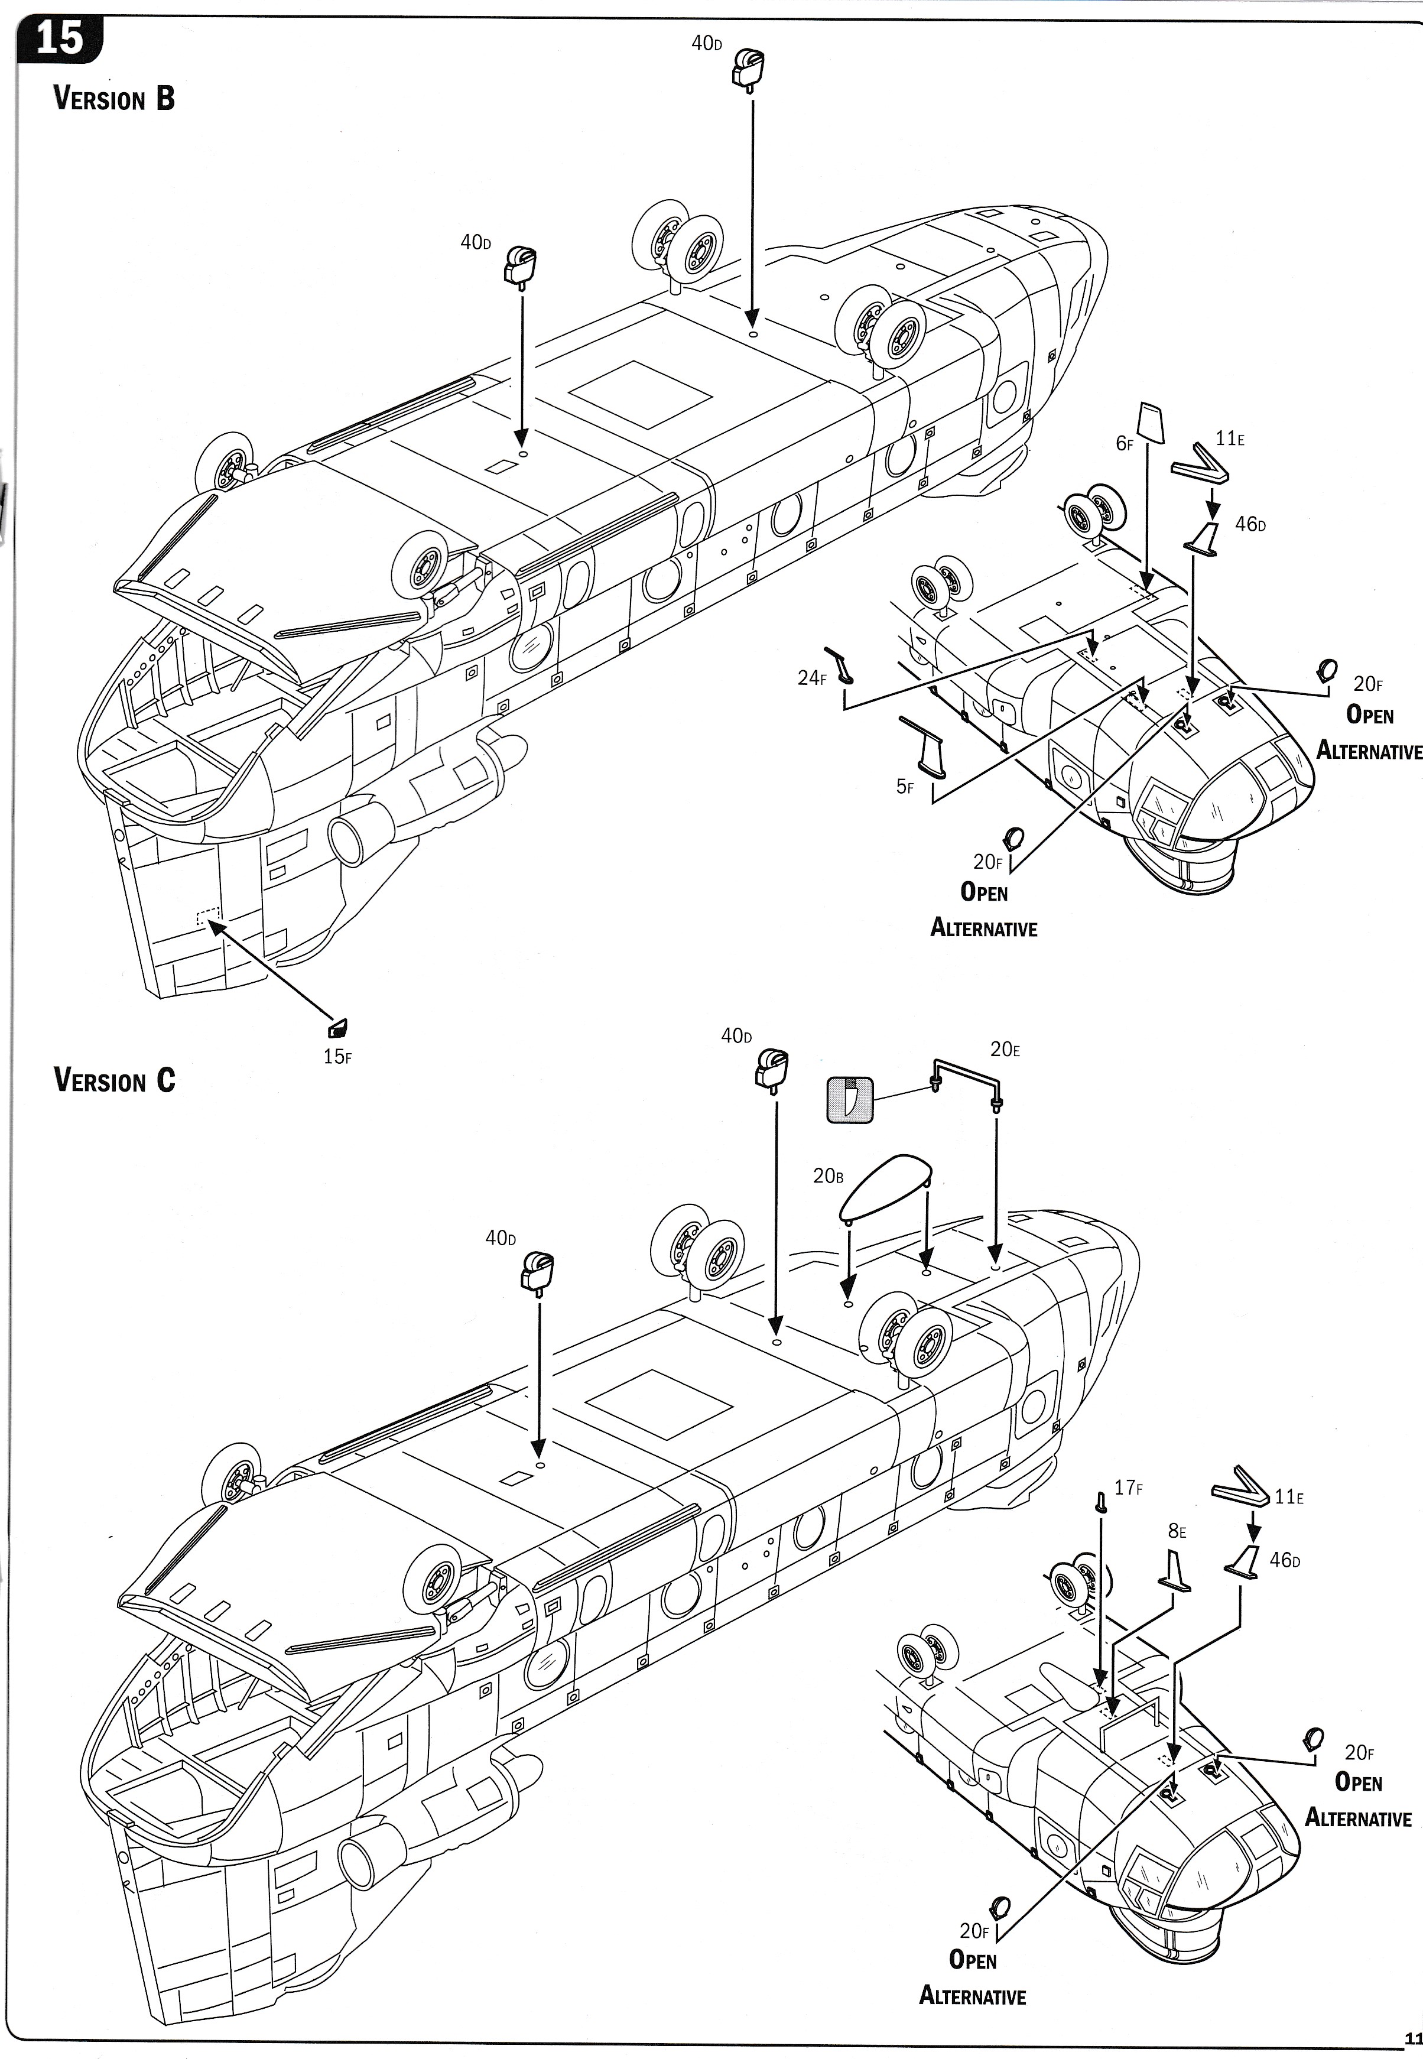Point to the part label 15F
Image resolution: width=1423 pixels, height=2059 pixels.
click(x=337, y=1058)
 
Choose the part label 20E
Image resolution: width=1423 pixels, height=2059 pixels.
click(x=1005, y=1050)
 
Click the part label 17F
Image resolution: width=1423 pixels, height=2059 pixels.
click(x=1129, y=1488)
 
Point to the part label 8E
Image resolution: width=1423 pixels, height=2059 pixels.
click(x=1177, y=1532)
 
